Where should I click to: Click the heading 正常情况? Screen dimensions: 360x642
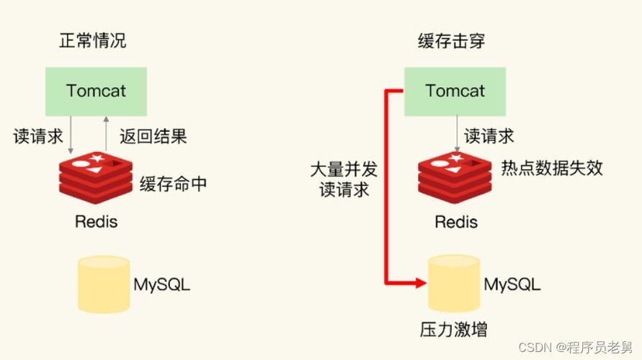click(93, 40)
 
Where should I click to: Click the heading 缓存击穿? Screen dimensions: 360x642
click(452, 40)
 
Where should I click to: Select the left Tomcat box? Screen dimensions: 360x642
click(96, 91)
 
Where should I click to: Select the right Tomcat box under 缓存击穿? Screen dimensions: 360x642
click(455, 91)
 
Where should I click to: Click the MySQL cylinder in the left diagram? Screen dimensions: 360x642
click(103, 284)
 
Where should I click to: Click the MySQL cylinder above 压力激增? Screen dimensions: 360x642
click(455, 284)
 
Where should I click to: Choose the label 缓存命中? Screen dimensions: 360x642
click(173, 184)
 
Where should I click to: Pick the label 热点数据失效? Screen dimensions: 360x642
click(552, 168)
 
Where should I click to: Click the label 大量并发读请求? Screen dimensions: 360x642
click(344, 180)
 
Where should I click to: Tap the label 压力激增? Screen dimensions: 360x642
click(454, 330)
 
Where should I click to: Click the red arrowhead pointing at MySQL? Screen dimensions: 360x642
click(422, 283)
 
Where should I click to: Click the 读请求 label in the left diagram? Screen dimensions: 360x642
click(38, 136)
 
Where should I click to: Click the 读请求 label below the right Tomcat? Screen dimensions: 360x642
click(489, 135)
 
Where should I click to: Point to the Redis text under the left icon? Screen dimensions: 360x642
click(96, 221)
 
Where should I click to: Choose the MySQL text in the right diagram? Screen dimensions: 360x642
click(512, 284)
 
